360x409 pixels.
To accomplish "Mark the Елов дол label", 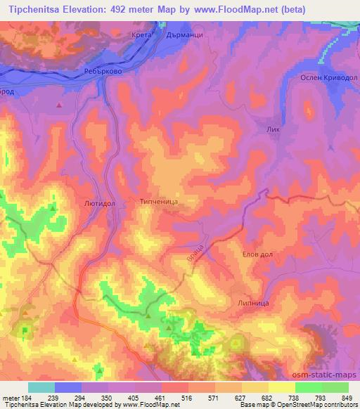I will [x=257, y=253].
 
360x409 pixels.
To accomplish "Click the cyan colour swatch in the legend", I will [x=41, y=387].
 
